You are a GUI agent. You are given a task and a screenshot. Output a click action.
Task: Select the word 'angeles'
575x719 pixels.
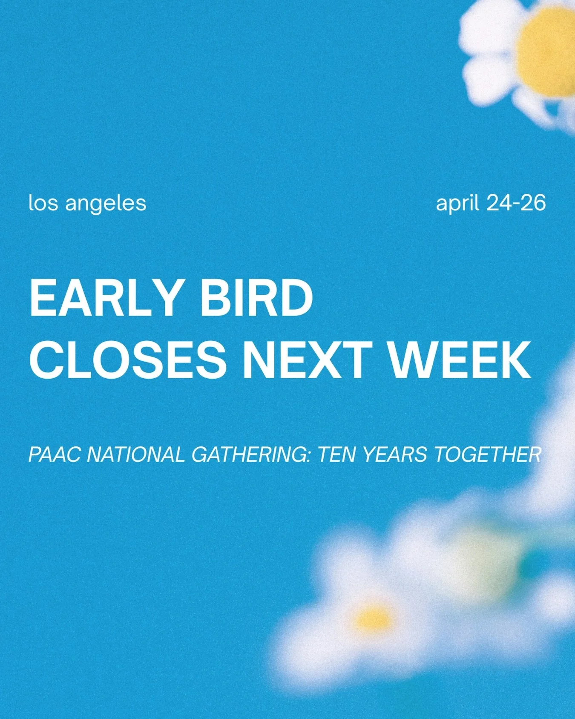(x=106, y=204)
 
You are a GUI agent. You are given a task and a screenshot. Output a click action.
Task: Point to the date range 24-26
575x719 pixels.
(x=516, y=203)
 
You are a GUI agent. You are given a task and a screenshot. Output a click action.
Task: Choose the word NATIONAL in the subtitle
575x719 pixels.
(x=136, y=454)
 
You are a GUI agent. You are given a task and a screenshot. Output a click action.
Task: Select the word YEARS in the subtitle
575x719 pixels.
(x=395, y=454)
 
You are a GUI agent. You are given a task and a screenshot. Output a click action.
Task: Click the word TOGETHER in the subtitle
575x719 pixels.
(x=488, y=454)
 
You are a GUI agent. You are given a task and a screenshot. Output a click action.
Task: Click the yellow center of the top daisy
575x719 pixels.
(x=547, y=51)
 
